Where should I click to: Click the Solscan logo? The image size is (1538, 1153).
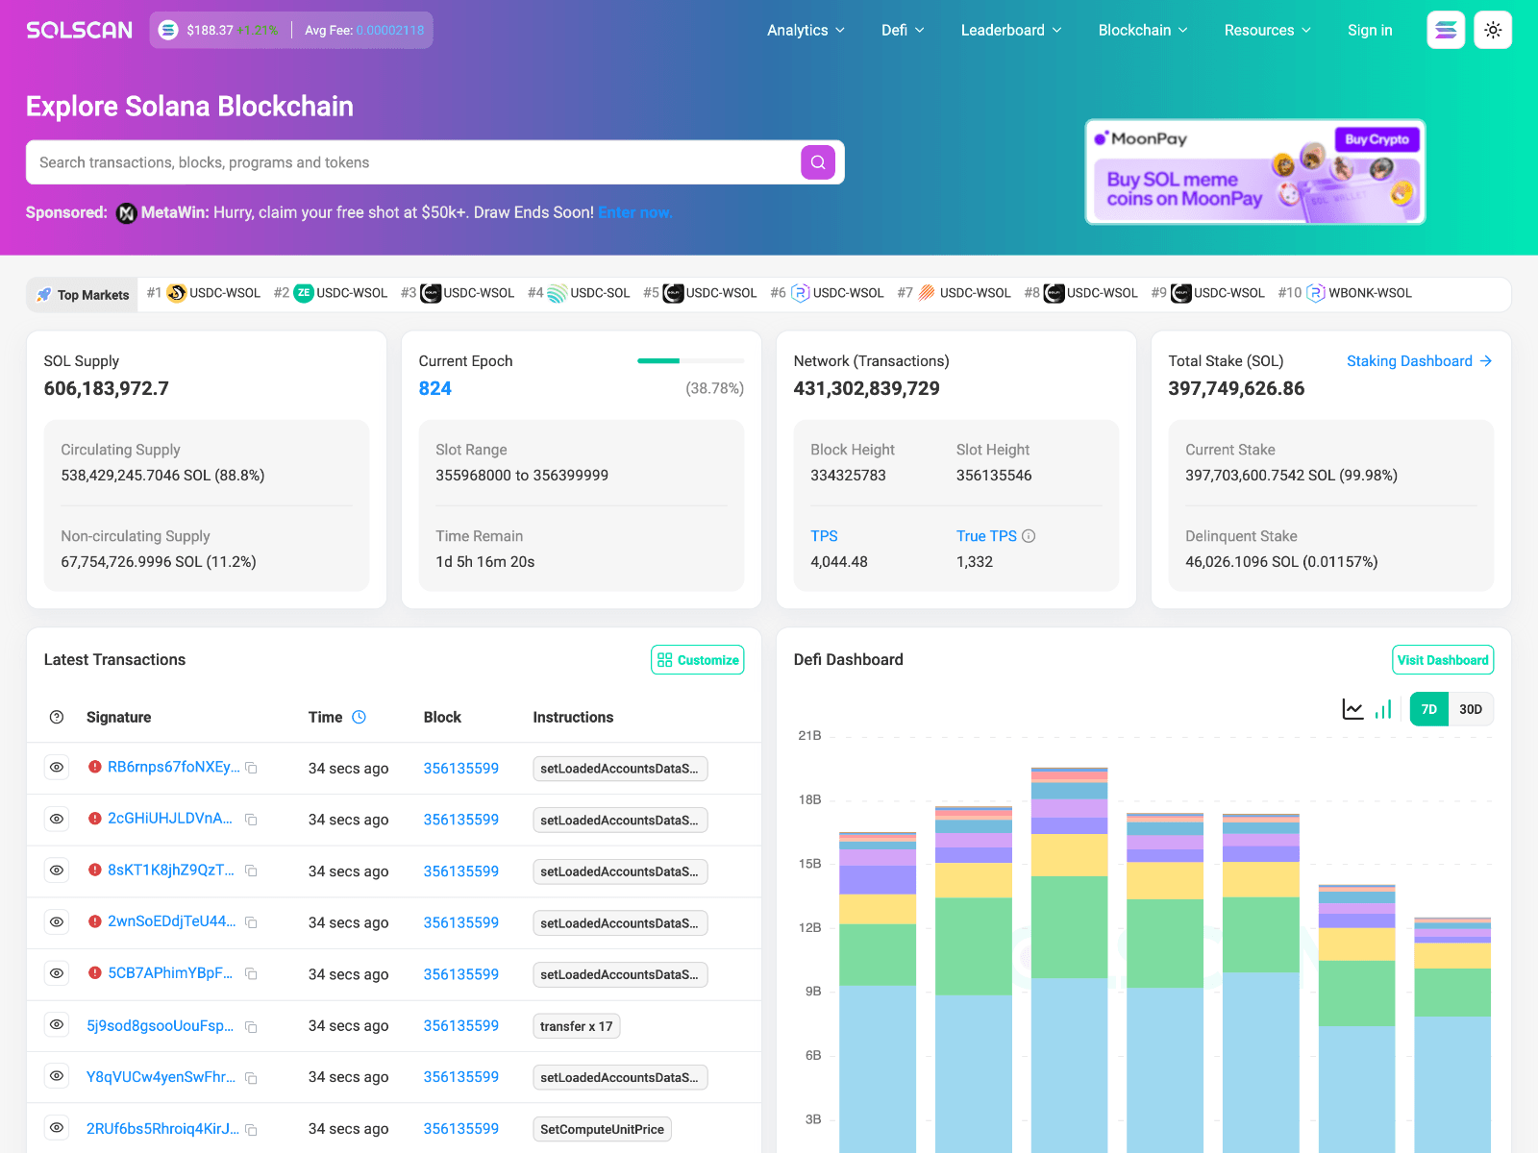point(80,30)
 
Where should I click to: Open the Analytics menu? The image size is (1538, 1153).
point(806,30)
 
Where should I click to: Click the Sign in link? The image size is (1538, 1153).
point(1370,30)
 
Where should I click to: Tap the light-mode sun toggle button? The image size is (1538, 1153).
point(1493,30)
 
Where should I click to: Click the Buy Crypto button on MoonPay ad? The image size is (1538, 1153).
point(1377,139)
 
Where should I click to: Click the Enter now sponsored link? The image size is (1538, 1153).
point(634,212)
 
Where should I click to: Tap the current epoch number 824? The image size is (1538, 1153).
point(434,388)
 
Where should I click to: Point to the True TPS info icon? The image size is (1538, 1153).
point(1029,536)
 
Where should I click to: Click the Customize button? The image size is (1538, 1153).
point(698,660)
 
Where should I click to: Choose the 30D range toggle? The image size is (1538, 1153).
point(1471,709)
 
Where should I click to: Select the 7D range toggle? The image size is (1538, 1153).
point(1429,709)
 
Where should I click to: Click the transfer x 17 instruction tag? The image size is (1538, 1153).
point(576,1026)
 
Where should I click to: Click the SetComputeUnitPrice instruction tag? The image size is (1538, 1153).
point(602,1129)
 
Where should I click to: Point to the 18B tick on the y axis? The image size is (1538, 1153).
point(809,799)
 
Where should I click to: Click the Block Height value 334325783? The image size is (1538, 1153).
point(848,476)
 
